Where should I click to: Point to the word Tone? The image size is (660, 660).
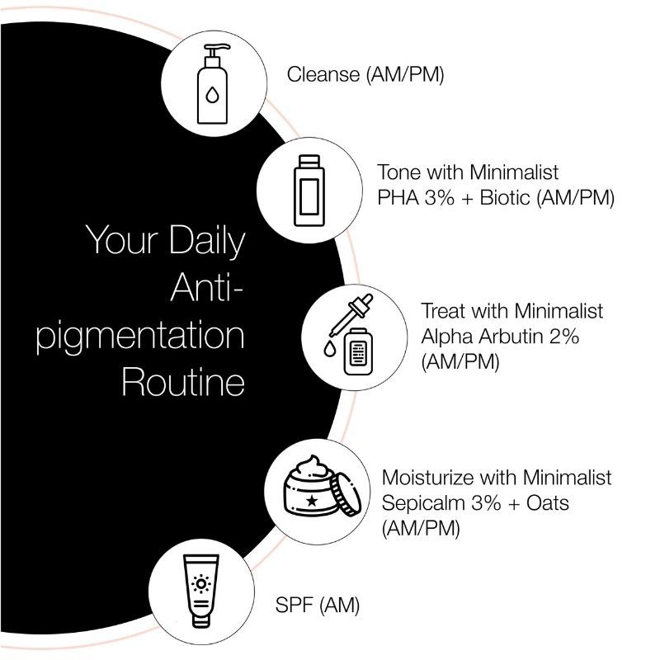[x=398, y=172]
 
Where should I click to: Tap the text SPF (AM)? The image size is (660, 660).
[x=318, y=606]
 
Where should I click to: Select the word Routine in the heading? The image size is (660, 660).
[x=183, y=383]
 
